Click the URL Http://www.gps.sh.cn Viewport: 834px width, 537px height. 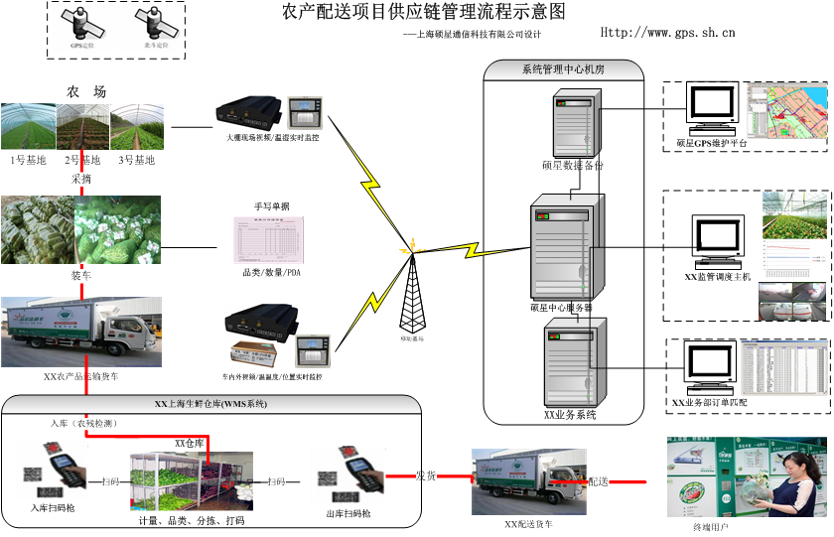pyautogui.click(x=667, y=33)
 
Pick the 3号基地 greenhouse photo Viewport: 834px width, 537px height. pyautogui.click(x=137, y=127)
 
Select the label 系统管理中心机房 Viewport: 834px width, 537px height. pyautogui.click(x=563, y=69)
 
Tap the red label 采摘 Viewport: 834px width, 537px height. pyautogui.click(x=81, y=180)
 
